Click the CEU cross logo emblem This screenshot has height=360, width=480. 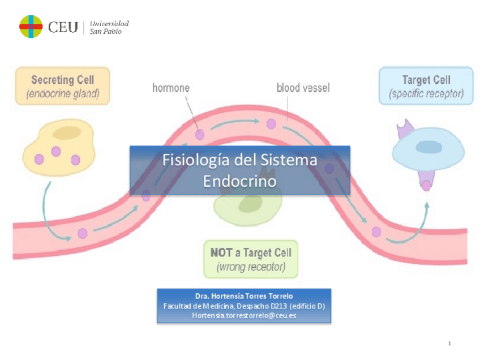pos(31,27)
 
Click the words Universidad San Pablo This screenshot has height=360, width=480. pos(109,27)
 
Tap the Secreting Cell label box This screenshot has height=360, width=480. pos(62,86)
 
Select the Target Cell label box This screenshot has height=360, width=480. pos(426,86)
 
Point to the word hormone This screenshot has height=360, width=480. pos(171,88)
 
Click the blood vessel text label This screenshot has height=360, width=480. pos(303,88)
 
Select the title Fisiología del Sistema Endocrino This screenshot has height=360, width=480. pos(239,170)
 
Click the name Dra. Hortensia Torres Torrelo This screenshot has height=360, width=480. pos(243,296)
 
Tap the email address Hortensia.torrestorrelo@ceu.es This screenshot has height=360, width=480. pos(243,315)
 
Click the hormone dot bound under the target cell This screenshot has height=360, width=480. pos(426,186)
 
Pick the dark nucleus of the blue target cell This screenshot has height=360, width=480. pos(428,147)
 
